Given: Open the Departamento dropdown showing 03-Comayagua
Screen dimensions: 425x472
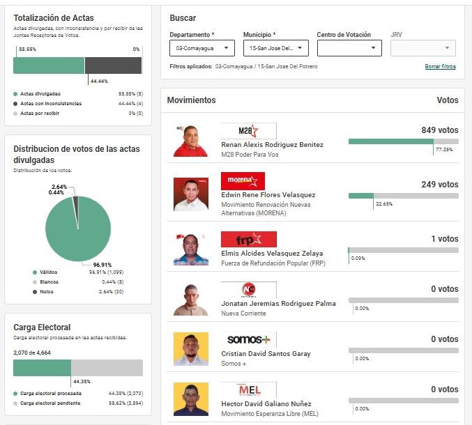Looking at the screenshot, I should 201,48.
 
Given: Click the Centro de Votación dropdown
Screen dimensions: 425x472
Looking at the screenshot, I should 349,48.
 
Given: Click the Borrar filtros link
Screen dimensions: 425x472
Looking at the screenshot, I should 440,66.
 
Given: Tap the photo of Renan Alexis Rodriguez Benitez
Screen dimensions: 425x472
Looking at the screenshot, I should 190,140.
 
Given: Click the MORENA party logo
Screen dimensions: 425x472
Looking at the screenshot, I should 243,181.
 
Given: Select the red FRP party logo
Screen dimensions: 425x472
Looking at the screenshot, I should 248,240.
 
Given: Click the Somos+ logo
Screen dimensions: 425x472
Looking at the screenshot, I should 248,339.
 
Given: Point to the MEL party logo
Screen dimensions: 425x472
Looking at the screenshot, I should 248,389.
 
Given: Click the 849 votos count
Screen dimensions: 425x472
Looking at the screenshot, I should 439,130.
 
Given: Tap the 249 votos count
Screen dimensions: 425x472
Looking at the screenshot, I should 439,185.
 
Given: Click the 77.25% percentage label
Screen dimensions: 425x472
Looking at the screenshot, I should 444,150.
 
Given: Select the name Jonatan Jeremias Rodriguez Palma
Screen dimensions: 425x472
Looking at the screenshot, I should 278,304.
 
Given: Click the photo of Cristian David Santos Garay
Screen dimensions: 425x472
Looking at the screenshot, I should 190,349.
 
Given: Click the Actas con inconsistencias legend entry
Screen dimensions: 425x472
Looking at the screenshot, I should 50,103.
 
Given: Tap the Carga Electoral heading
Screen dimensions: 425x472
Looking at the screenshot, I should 42,327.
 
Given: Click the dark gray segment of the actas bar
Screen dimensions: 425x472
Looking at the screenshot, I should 113,65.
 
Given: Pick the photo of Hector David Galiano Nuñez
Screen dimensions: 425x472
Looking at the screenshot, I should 190,399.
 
